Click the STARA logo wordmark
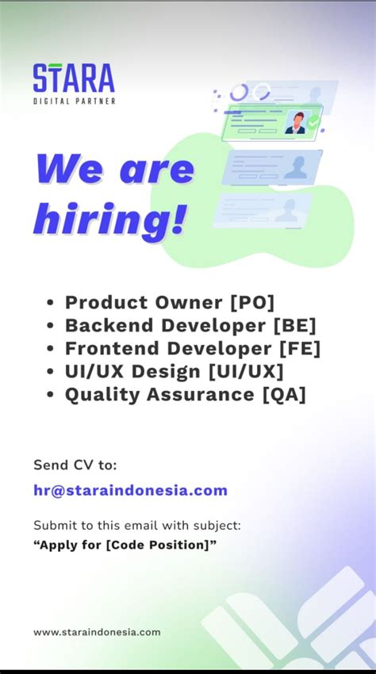[x=74, y=79]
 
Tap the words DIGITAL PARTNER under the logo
[x=74, y=101]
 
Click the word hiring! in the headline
[x=110, y=219]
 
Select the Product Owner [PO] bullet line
[x=170, y=302]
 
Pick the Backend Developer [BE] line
[x=190, y=325]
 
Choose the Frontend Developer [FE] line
[x=193, y=348]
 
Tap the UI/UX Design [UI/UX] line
[x=174, y=371]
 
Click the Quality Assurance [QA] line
[x=185, y=394]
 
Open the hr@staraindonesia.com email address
[x=130, y=490]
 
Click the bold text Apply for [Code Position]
[x=125, y=544]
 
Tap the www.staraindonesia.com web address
[x=97, y=632]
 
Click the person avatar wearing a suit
[x=295, y=123]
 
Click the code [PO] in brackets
[x=251, y=302]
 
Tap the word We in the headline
[x=73, y=169]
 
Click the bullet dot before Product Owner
[x=51, y=303]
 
